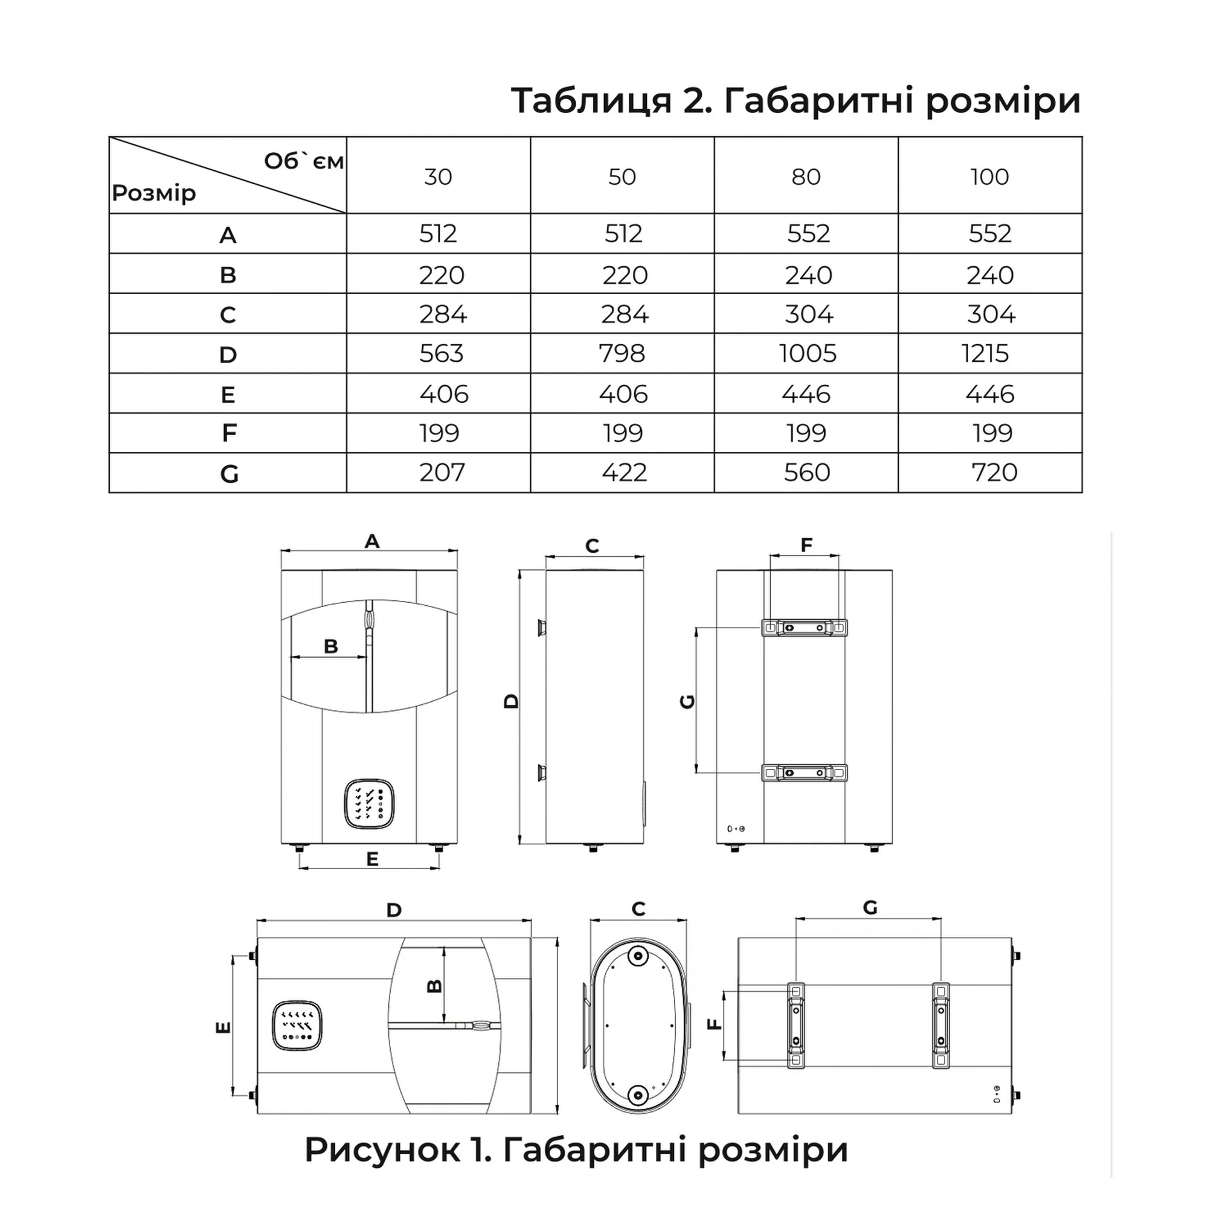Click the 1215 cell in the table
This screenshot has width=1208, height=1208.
pos(985,354)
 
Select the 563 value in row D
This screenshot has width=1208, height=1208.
pos(442,354)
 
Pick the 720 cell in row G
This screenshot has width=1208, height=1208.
pos(994,473)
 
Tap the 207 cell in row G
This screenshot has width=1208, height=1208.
pos(442,473)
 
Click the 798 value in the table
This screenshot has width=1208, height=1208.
pos(622,354)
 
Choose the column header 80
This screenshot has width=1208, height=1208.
pos(805,177)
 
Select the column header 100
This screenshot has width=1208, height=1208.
pos(989,177)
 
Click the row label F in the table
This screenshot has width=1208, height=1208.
pos(229,433)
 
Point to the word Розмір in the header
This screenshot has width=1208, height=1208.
pos(154,193)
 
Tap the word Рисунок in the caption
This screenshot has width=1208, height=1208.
pos(381,1149)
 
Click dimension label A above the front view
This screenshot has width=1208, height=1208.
pos(372,541)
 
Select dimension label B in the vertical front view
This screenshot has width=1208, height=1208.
pos(331,646)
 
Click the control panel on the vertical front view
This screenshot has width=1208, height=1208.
pos(369,803)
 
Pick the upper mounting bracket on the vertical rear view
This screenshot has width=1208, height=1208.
pos(804,628)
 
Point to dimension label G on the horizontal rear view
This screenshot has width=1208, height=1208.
pos(870,907)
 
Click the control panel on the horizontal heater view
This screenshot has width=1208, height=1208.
pos(297,1026)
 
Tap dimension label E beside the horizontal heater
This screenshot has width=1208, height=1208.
pos(223,1027)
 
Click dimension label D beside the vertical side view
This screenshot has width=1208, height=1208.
pos(512,701)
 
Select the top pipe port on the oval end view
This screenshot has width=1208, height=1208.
pos(638,956)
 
